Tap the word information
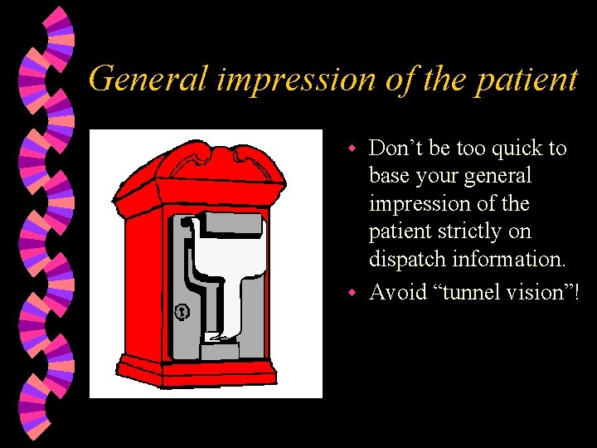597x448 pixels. (x=507, y=259)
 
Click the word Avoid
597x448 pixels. (x=397, y=291)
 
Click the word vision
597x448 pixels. (x=531, y=291)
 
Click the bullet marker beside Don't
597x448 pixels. (x=352, y=149)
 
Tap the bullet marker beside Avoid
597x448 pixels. (x=352, y=292)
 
